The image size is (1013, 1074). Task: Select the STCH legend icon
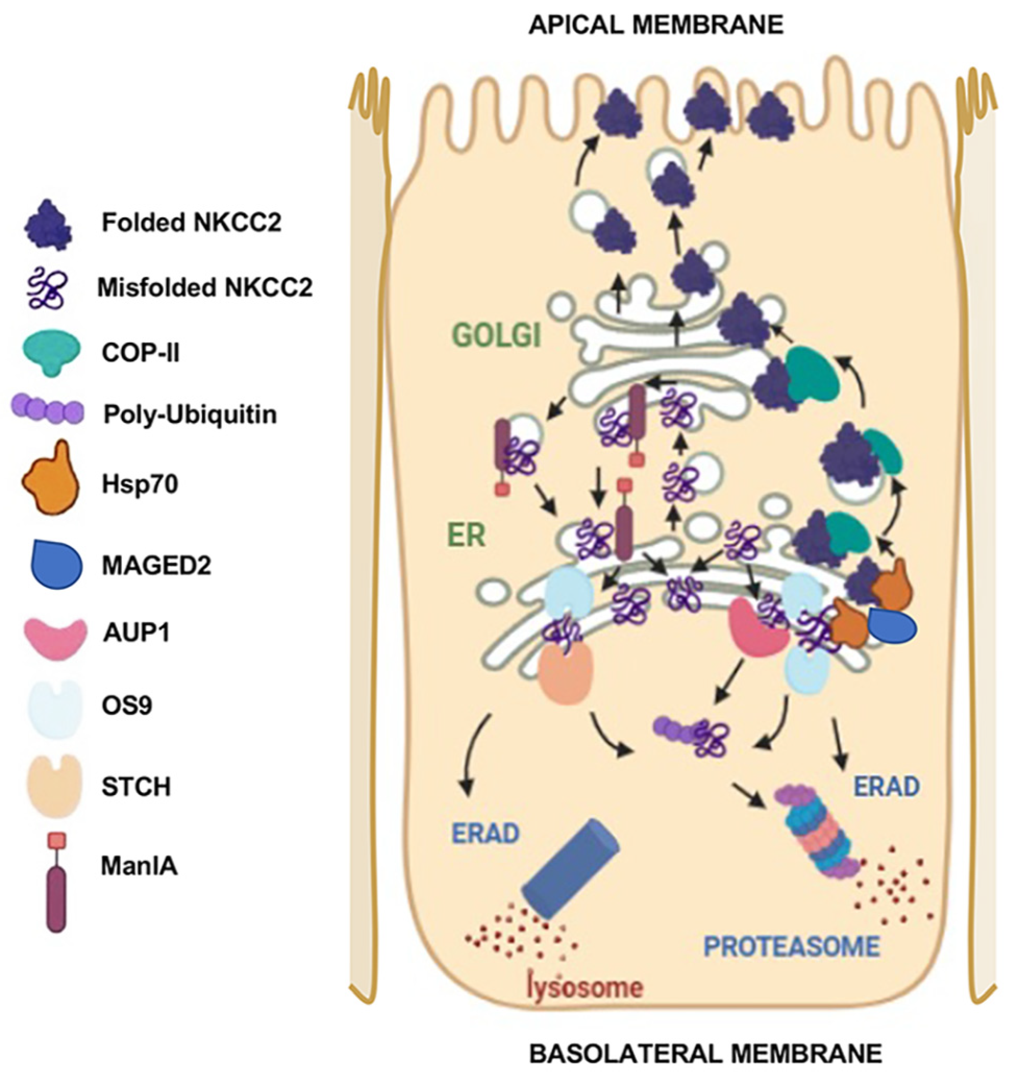click(x=54, y=786)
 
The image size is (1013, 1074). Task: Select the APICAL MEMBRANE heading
click(x=656, y=25)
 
